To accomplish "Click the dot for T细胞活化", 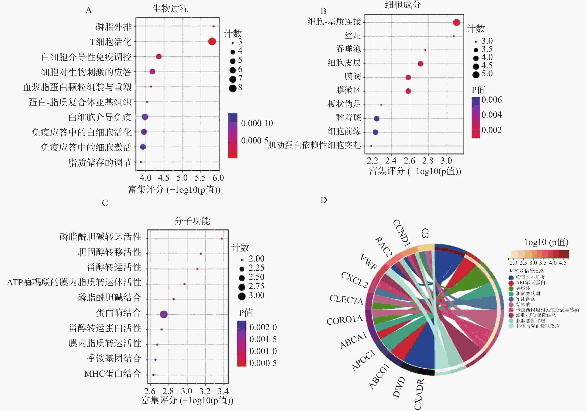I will (x=212, y=41).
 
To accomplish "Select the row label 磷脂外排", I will (x=114, y=27).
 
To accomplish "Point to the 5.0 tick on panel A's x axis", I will (x=182, y=178).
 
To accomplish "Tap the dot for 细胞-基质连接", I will (x=457, y=22).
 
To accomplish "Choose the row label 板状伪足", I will (x=344, y=104).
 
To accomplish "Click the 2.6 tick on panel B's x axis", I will (x=409, y=161).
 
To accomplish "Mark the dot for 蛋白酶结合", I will (x=164, y=314).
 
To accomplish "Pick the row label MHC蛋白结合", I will (x=113, y=374).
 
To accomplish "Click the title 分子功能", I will (x=192, y=221).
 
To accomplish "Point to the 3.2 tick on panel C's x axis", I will (x=205, y=391).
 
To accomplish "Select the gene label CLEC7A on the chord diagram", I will (x=346, y=299).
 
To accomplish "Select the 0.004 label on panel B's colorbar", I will (x=491, y=115).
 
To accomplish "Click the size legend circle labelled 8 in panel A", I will (x=233, y=88).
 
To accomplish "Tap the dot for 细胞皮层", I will (x=420, y=64).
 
